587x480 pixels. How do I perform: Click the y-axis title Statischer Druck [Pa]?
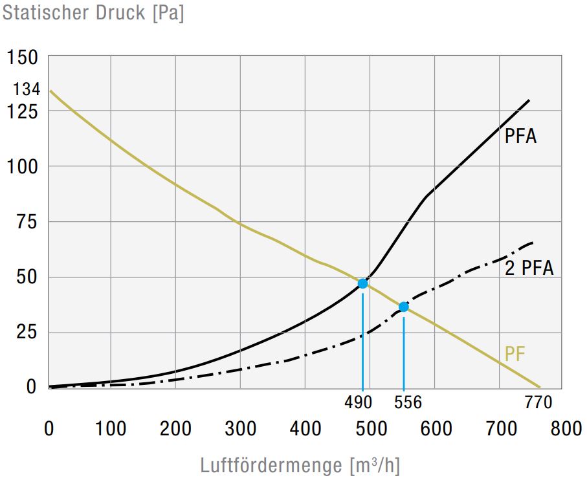point(93,13)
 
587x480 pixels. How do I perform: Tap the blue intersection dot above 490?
point(362,283)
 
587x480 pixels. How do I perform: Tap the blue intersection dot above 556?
point(404,307)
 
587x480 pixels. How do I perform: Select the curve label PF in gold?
point(515,354)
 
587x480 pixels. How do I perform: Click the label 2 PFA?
point(529,268)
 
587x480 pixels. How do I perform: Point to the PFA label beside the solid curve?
point(521,137)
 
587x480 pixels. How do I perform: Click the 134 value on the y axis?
point(27,89)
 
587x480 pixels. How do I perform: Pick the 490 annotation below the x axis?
point(358,402)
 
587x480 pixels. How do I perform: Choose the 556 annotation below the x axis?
point(407,402)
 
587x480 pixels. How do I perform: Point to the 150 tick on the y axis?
point(23,58)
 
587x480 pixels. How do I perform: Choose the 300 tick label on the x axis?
point(241,429)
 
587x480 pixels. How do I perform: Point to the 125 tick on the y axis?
point(23,111)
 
